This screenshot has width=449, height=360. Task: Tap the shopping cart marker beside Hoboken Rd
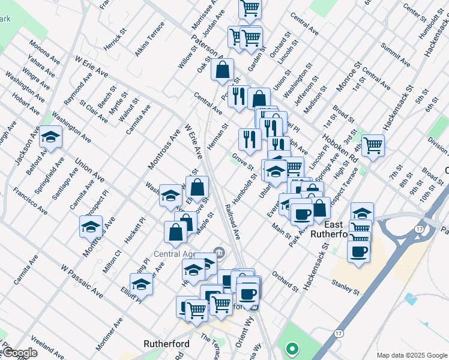[x=373, y=145]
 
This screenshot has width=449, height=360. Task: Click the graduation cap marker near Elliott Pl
[x=142, y=283]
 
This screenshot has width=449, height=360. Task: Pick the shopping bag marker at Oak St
[x=222, y=70]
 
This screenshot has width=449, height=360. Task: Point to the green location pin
[x=292, y=347]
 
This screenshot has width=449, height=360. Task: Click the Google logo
[x=20, y=353]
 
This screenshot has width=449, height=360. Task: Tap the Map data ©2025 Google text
[x=412, y=355]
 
